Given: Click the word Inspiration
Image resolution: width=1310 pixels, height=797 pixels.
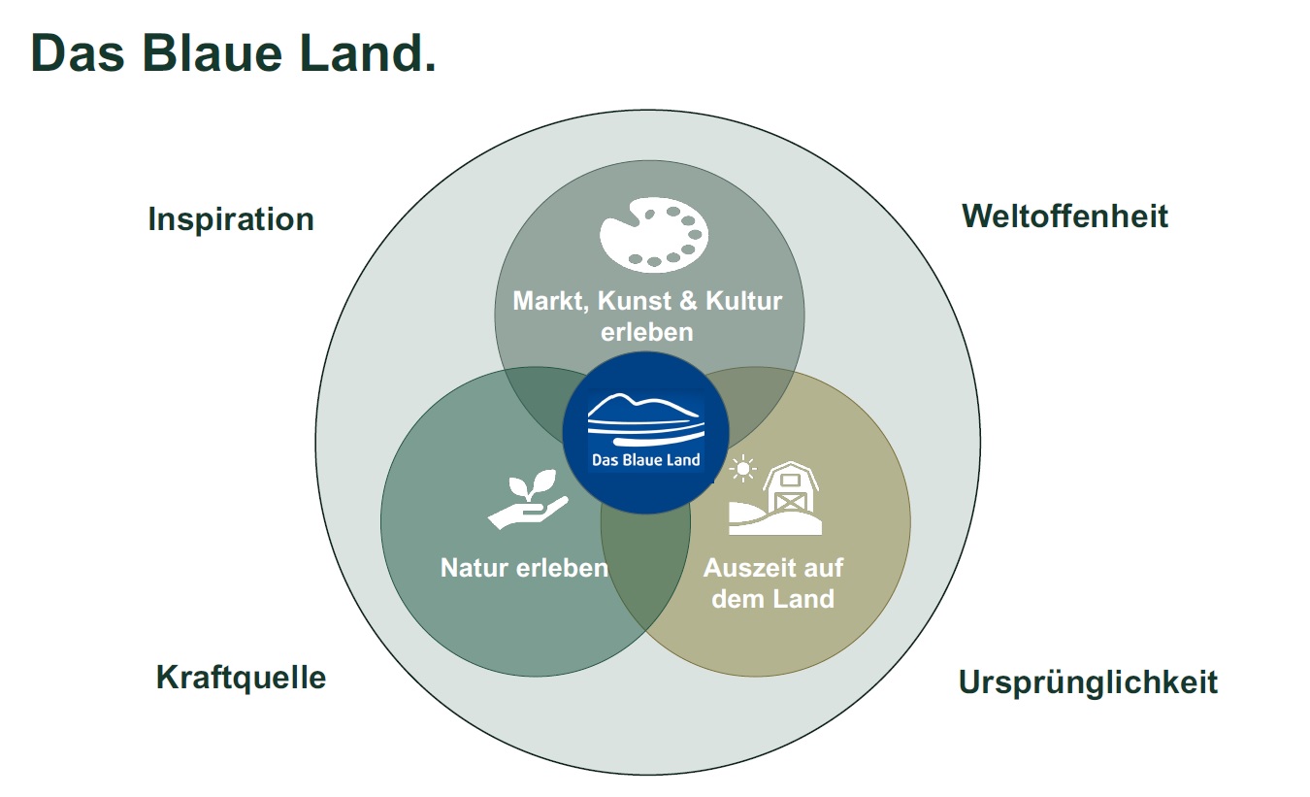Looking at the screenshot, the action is pos(231,220).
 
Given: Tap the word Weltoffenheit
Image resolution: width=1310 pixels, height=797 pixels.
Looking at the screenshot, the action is pos(1064,216).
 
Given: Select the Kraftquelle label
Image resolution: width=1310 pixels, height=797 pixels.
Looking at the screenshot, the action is pos(241,679).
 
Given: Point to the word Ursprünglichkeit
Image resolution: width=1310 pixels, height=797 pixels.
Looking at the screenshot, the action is pos(1088,682).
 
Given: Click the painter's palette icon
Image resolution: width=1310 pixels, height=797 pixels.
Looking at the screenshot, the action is pos(654,235).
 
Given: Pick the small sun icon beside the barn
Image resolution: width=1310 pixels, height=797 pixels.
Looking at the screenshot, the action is pos(742,469).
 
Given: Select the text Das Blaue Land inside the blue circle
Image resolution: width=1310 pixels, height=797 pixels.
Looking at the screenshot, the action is pos(645,460).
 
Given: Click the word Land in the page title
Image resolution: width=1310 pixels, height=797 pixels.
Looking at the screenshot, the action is pos(368,53).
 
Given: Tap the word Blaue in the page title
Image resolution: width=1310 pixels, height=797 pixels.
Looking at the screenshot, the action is pos(213,53).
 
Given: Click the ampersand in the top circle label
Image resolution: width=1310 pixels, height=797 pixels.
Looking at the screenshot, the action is pos(689,301).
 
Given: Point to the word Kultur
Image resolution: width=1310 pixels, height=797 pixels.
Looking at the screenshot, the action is pos(744,301).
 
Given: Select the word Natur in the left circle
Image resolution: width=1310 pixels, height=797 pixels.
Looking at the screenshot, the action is pos(475,568).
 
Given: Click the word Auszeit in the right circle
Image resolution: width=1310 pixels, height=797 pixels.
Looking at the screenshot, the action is pos(747,568).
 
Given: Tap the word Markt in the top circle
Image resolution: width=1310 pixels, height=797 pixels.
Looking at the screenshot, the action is pos(550,301).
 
